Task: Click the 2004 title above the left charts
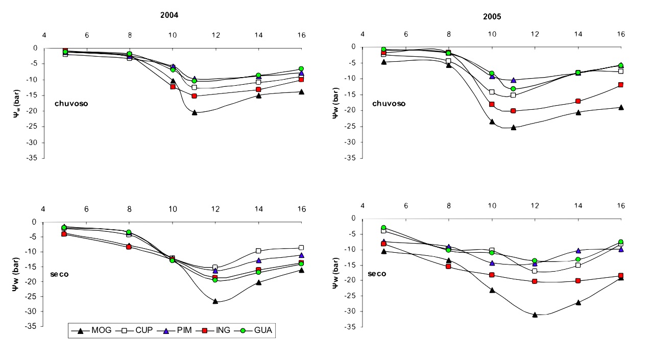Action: point(169,15)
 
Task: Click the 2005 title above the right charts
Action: point(492,16)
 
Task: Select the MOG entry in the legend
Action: point(95,331)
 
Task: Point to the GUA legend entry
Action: point(258,331)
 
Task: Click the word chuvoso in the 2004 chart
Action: point(72,104)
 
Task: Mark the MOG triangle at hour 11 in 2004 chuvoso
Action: point(195,112)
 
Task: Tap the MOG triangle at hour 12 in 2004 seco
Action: point(215,301)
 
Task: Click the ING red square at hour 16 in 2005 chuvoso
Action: point(621,85)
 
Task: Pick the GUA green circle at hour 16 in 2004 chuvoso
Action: point(301,68)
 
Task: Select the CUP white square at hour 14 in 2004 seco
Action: point(258,251)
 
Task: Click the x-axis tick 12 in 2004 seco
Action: point(215,209)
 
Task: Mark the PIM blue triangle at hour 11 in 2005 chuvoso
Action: point(513,80)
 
